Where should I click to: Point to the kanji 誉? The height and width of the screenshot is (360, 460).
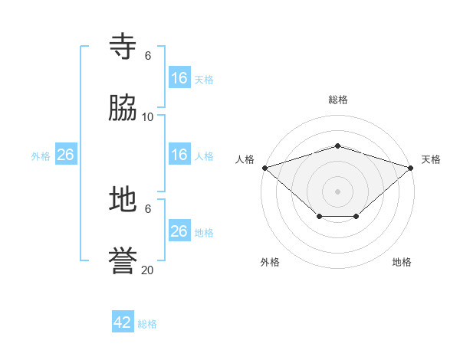tap(123, 261)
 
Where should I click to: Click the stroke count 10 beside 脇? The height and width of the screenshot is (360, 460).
tap(148, 116)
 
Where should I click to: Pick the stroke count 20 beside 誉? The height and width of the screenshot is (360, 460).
tap(148, 270)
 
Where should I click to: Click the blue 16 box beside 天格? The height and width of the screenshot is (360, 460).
tap(179, 78)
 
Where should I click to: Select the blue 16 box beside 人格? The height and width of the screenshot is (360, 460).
tap(179, 155)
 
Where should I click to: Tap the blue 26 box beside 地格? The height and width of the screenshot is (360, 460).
tap(179, 231)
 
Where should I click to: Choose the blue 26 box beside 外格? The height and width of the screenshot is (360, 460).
tap(65, 155)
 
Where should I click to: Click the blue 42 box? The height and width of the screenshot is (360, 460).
tap(123, 322)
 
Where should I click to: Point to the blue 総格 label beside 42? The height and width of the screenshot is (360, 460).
tap(147, 324)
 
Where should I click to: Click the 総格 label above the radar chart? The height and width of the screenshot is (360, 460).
tap(338, 100)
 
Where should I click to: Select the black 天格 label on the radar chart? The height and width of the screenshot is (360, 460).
tap(431, 159)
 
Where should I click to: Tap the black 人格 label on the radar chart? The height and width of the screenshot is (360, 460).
tap(245, 159)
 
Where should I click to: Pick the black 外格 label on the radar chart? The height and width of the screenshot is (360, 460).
tap(270, 262)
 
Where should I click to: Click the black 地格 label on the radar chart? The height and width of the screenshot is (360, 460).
tap(402, 262)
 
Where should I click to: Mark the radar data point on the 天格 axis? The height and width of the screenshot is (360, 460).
tap(411, 167)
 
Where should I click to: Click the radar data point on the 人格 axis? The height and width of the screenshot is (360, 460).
tap(264, 167)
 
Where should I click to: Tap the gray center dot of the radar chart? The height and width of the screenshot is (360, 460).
tap(337, 191)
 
